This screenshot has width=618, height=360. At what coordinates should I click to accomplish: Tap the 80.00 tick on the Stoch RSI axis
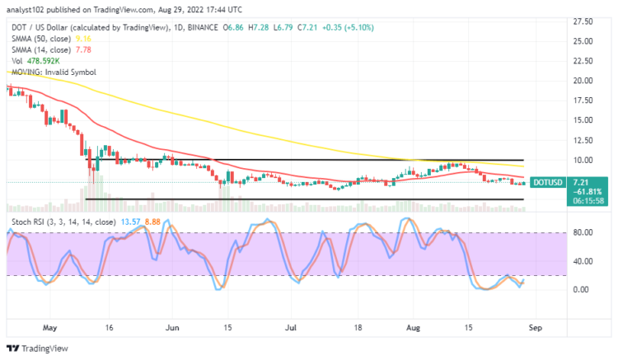(582, 233)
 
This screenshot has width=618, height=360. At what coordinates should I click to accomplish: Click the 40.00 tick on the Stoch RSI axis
(582, 261)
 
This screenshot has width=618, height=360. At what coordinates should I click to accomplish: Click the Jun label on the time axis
(172, 327)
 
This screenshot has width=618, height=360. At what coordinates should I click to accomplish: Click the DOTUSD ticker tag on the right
(548, 183)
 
